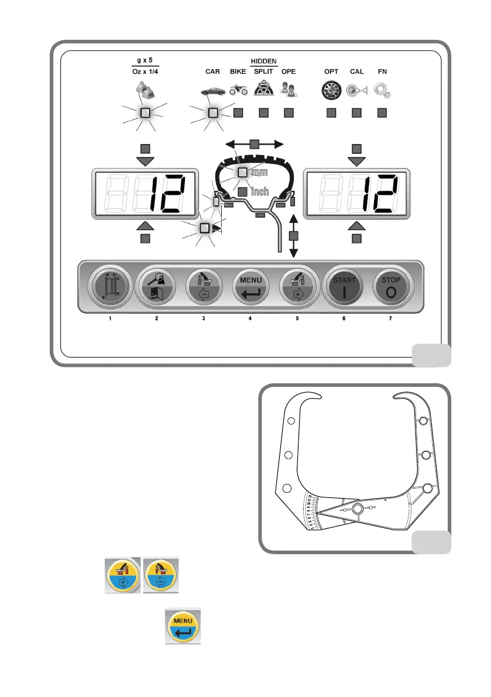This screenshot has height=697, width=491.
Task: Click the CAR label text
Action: pyautogui.click(x=212, y=72)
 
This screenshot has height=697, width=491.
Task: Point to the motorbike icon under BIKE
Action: pyautogui.click(x=239, y=91)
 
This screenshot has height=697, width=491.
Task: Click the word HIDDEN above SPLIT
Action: pyautogui.click(x=264, y=61)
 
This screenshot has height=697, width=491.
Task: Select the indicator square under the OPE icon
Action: pyautogui.click(x=288, y=113)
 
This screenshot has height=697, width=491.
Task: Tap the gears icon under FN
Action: pyautogui.click(x=382, y=91)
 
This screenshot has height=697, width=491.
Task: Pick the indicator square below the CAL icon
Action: pyautogui.click(x=356, y=113)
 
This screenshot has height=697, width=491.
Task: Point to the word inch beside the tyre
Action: pyautogui.click(x=260, y=191)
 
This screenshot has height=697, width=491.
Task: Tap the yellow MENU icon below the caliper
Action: pyautogui.click(x=183, y=626)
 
